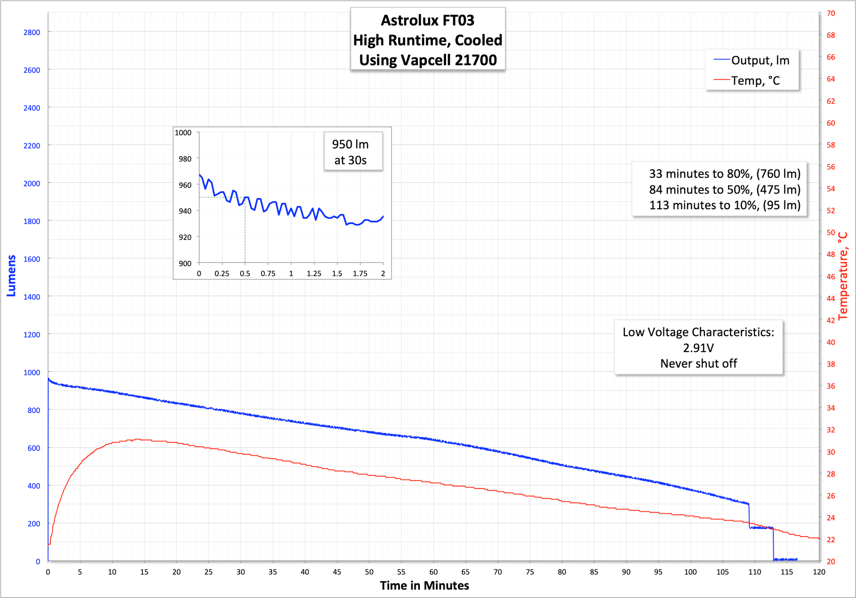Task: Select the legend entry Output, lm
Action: [759, 60]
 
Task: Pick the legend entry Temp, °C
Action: [755, 81]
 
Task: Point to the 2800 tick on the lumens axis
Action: [32, 32]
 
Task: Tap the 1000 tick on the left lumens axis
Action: [32, 373]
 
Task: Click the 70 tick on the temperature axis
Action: [830, 13]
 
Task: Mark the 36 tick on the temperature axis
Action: [830, 386]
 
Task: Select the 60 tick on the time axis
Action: [433, 572]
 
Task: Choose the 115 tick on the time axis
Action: [787, 572]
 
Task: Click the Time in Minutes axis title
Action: [424, 586]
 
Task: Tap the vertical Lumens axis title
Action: [11, 276]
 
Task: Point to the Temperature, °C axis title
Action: [843, 276]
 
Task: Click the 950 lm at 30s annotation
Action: [350, 152]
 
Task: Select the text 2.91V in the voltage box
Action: [698, 348]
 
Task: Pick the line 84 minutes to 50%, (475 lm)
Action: [724, 189]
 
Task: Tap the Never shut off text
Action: [698, 363]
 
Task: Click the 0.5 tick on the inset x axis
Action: [245, 274]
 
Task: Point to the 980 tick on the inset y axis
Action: [185, 159]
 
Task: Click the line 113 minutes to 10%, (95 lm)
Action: [724, 205]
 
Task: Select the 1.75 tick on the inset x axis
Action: [360, 274]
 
